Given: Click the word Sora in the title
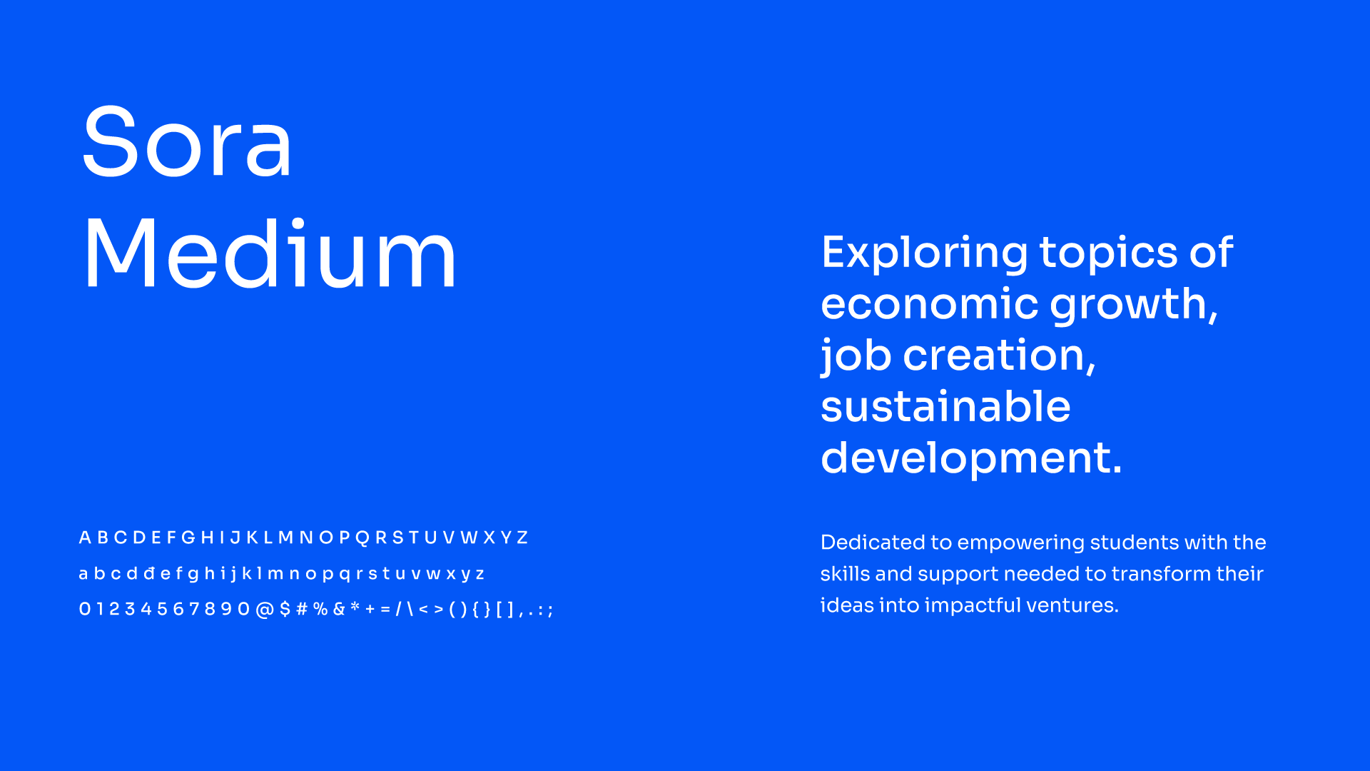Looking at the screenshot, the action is pyautogui.click(x=187, y=141).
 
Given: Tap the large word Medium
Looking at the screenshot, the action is pyautogui.click(x=270, y=253).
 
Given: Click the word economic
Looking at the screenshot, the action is pyautogui.click(x=929, y=304).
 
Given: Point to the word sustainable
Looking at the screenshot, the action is pyautogui.click(x=945, y=406).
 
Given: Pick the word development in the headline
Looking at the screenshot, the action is pyautogui.click(x=971, y=459).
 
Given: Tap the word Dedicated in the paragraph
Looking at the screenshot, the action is pyautogui.click(x=873, y=543).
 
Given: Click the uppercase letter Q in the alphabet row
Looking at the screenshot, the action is pyautogui.click(x=362, y=538).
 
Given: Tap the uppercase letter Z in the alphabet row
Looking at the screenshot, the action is pyautogui.click(x=522, y=538).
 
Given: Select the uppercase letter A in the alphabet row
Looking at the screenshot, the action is pyautogui.click(x=85, y=538).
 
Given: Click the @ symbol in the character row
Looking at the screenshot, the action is pyautogui.click(x=265, y=610).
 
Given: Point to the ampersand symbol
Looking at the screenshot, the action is pyautogui.click(x=339, y=609).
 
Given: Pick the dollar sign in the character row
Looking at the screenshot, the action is pyautogui.click(x=285, y=609).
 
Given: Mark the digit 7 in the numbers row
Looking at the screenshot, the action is pyautogui.click(x=194, y=609).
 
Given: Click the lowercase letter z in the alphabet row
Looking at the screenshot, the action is pyautogui.click(x=480, y=575).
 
